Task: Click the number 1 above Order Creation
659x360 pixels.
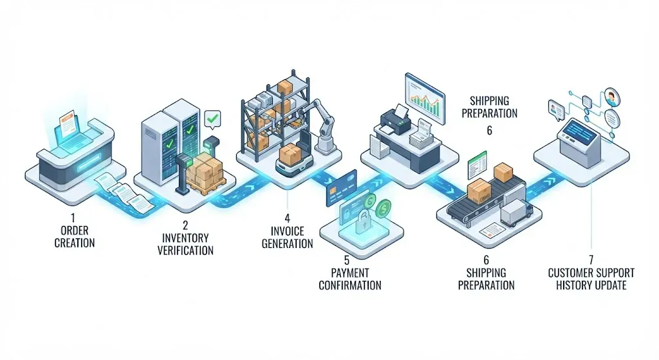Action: [x=73, y=218]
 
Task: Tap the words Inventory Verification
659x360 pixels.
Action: [x=185, y=244]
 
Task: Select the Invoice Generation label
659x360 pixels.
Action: [x=288, y=237]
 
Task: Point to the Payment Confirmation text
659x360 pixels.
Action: [x=350, y=279]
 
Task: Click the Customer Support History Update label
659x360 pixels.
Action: [x=591, y=279]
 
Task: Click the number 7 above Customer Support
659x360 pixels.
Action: [x=591, y=260]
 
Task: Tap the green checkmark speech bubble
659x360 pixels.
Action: [x=212, y=119]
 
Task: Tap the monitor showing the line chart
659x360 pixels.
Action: [x=425, y=98]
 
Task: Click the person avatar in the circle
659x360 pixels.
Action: [x=612, y=97]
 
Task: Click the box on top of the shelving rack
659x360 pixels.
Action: [x=285, y=88]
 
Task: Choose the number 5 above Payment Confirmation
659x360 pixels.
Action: [x=347, y=261]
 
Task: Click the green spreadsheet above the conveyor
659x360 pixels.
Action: [x=477, y=166]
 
